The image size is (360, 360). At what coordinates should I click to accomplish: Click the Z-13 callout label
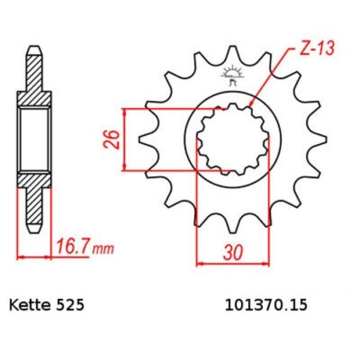click(317, 49)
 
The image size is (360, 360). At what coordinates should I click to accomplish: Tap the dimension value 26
click(112, 139)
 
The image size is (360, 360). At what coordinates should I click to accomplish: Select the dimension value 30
click(232, 253)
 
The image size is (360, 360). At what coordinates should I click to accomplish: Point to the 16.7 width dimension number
click(72, 248)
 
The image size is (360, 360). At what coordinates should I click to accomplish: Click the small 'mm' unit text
click(103, 249)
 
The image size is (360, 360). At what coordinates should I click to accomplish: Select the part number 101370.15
click(265, 305)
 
